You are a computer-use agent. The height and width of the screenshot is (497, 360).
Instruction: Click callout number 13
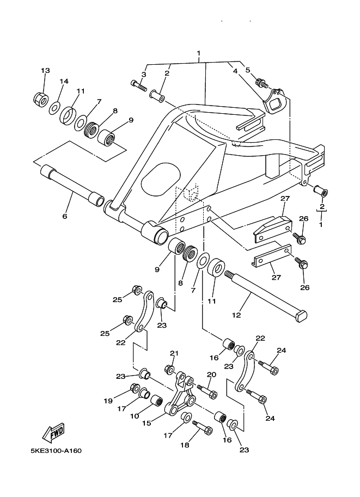pos(45,70)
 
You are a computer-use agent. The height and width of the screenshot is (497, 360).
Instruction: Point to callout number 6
pos(64,216)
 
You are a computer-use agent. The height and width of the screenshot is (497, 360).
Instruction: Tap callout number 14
pos(64,81)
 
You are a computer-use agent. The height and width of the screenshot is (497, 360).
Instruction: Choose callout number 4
pos(235,71)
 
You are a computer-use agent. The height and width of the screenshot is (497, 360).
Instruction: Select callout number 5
pos(248,70)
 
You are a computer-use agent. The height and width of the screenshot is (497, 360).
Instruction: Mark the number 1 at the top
pos(199,53)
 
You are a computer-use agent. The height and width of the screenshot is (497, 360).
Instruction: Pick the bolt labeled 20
pos(207,391)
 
